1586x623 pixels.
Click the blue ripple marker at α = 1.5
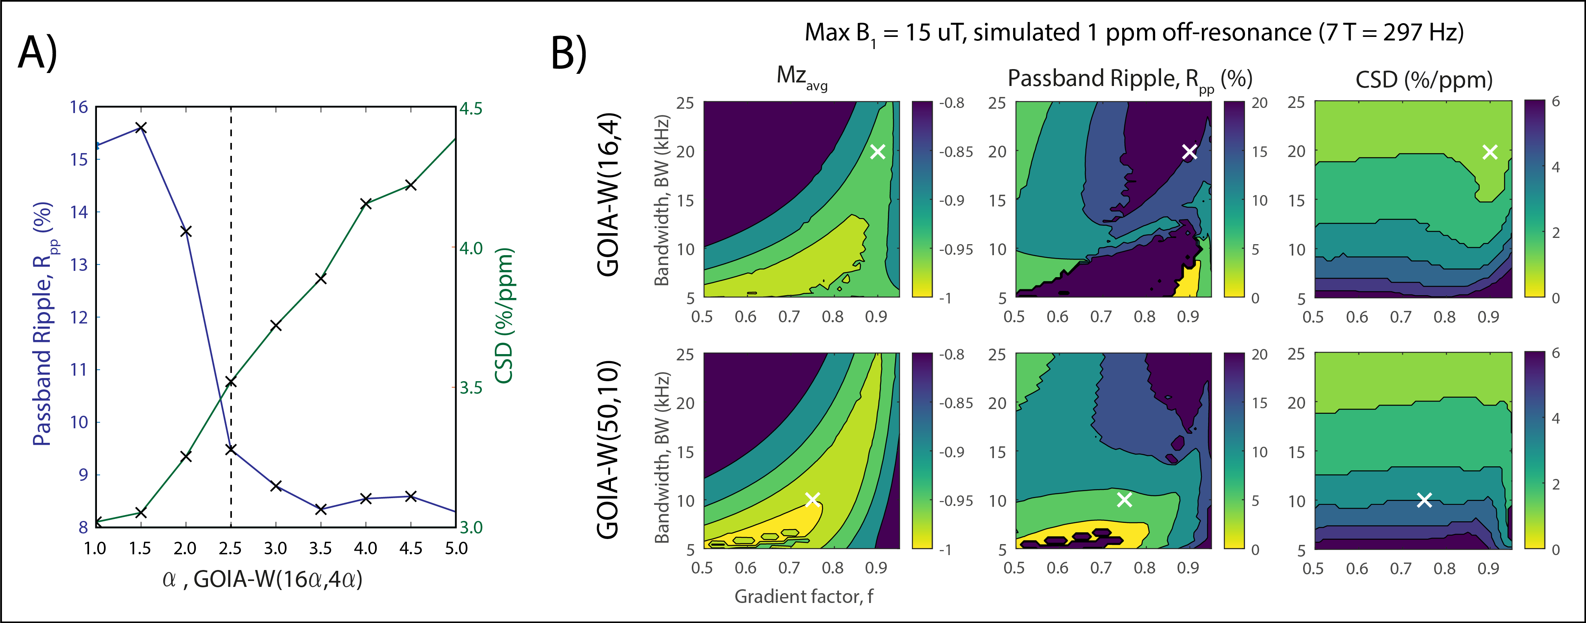coord(141,128)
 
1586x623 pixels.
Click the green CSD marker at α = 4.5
coord(411,185)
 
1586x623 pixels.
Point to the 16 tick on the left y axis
coord(79,107)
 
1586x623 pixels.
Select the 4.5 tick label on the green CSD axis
coord(471,108)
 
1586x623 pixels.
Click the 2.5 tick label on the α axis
coord(230,548)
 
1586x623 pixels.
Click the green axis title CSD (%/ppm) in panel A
coord(504,316)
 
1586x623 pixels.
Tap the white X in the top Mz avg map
coord(877,152)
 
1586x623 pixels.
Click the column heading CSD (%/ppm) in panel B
coord(1424,79)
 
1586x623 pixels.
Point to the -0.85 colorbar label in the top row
coord(955,152)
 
